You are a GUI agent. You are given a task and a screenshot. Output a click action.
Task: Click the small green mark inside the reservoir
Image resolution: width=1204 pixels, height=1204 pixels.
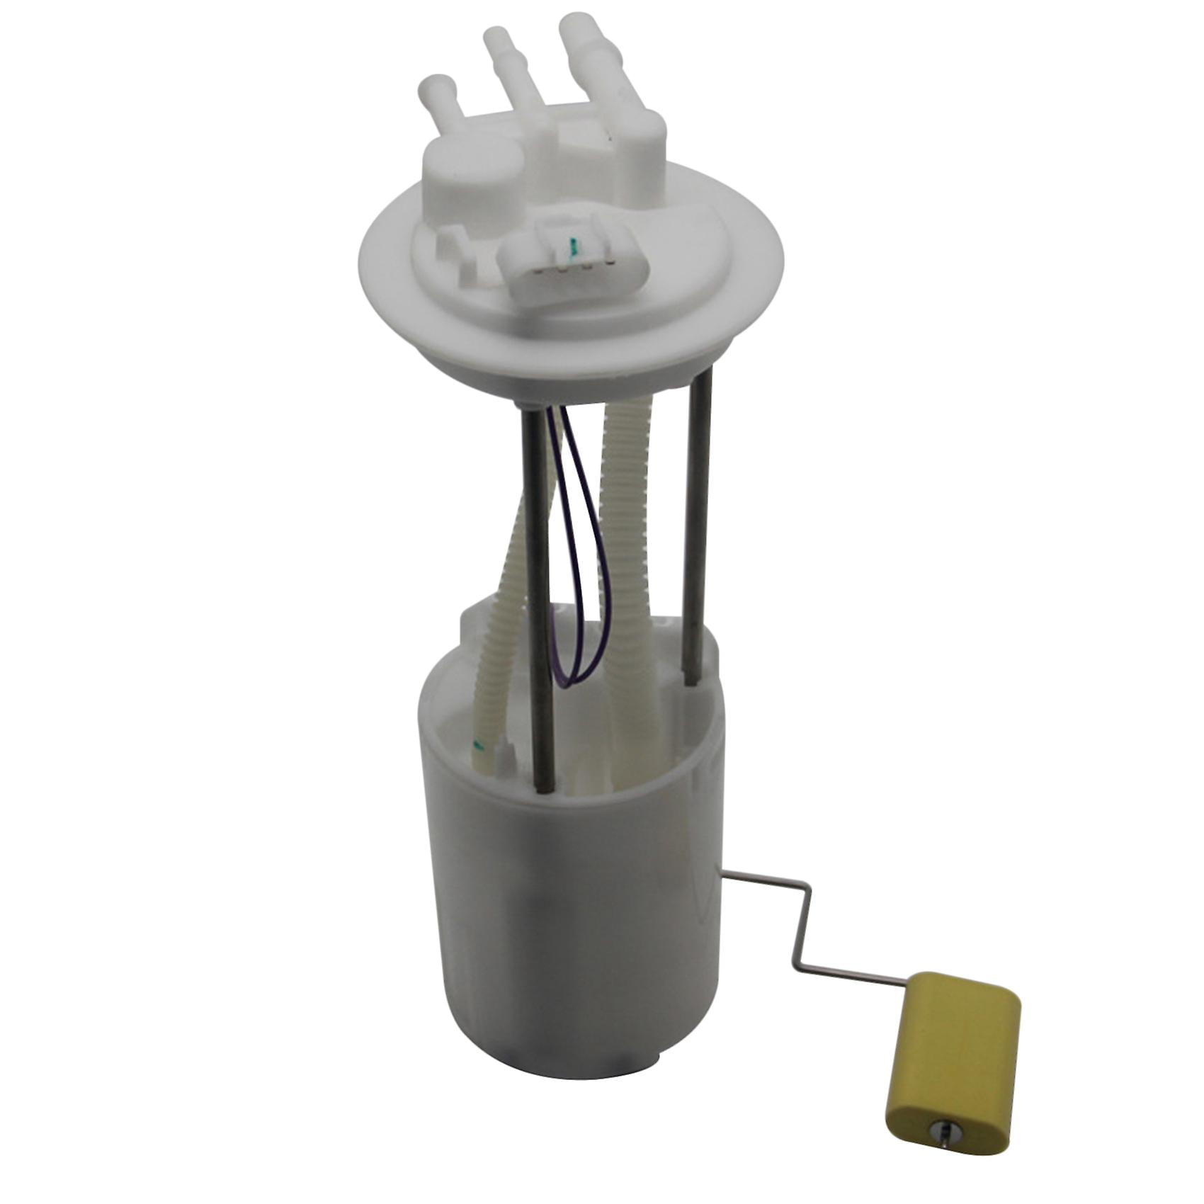point(477,744)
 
